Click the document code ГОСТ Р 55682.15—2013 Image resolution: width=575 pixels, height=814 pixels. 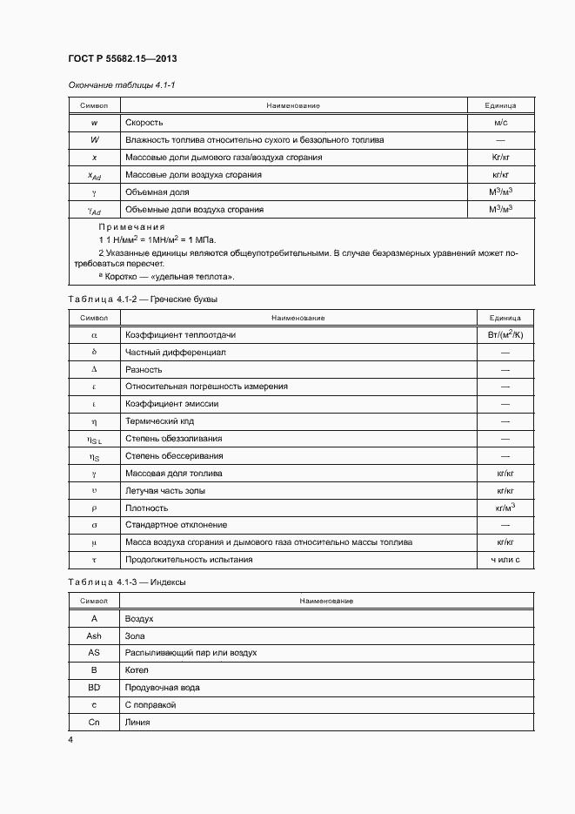(123, 59)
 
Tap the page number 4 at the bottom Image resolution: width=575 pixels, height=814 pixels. (70, 739)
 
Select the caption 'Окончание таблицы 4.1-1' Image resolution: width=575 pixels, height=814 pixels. (122, 84)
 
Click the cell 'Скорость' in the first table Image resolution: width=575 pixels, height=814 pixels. (144, 123)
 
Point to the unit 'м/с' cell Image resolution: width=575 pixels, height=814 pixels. (500, 123)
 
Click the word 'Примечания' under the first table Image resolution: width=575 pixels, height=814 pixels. (131, 226)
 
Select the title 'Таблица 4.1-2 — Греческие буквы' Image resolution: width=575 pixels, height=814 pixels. (143, 299)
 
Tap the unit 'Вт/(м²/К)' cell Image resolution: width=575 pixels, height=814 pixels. (505, 334)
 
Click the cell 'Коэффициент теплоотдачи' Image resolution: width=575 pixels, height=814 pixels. (181, 334)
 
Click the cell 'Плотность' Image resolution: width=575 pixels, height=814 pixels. (147, 508)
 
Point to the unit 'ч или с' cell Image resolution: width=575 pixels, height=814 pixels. (505, 560)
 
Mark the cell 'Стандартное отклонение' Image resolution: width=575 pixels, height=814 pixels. (177, 525)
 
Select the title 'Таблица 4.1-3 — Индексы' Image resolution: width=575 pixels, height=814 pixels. (127, 582)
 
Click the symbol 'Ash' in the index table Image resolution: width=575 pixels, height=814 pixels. (94, 636)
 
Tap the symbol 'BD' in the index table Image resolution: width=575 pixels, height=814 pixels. (94, 688)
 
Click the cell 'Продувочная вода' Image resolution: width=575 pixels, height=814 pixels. (163, 688)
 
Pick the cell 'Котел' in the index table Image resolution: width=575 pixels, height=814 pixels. (137, 670)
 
